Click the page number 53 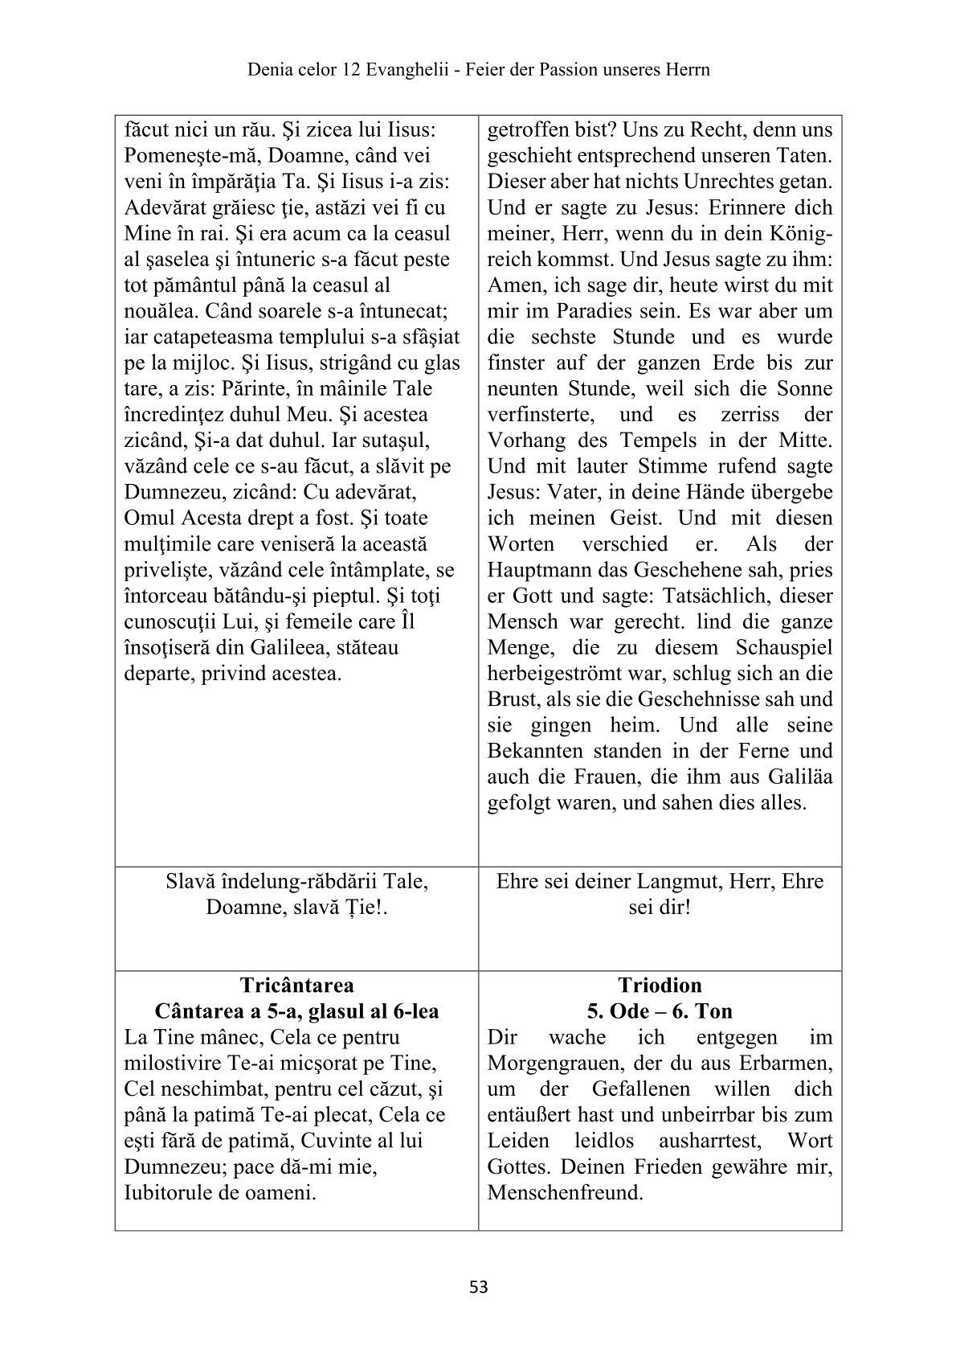pos(478,1287)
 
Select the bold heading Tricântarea pos(296,985)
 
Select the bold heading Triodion pos(660,985)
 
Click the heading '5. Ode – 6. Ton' pos(660,1011)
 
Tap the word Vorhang pos(525,441)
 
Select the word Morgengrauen pos(547,1063)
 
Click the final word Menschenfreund pos(566,1192)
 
